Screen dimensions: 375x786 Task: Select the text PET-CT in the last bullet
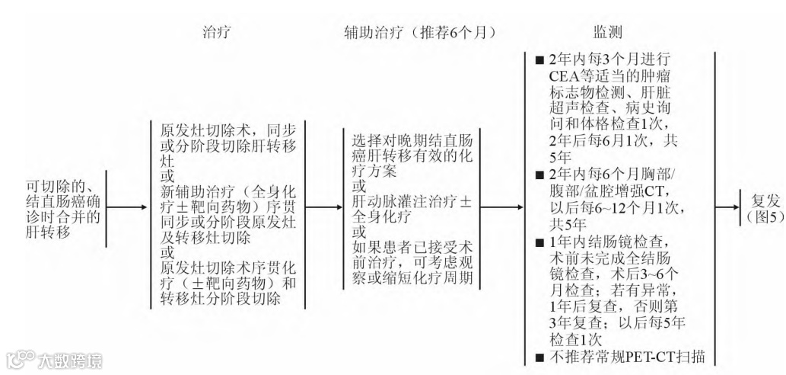pyautogui.click(x=652, y=355)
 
